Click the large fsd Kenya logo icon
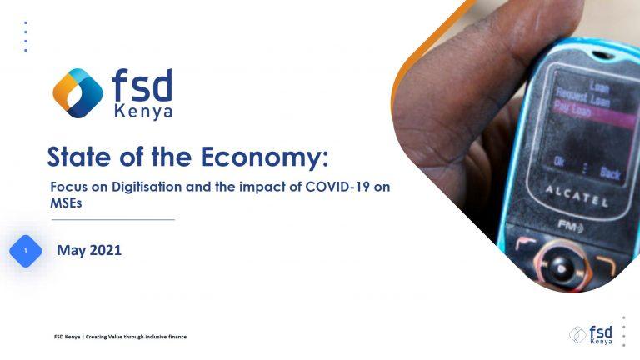click(x=77, y=93)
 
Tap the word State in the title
click(x=79, y=156)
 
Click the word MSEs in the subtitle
click(x=66, y=202)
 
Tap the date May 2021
click(x=89, y=250)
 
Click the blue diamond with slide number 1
click(x=26, y=251)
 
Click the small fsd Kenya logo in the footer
click(x=591, y=335)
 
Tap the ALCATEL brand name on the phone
click(x=577, y=196)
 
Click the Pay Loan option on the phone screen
click(x=572, y=109)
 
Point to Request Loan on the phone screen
click(x=582, y=97)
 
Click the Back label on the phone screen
click(x=610, y=172)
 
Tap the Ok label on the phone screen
click(x=559, y=162)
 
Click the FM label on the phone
click(x=570, y=225)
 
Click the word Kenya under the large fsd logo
click(x=143, y=112)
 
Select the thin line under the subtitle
click(x=113, y=220)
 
